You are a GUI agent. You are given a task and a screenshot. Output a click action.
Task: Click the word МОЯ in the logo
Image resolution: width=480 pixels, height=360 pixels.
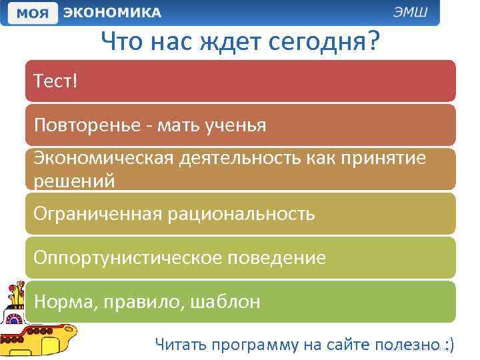(x=31, y=13)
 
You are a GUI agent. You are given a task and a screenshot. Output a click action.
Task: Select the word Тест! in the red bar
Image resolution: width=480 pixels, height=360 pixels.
(x=55, y=82)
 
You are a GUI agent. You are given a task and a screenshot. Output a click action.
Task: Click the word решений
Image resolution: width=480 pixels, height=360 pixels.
(x=74, y=181)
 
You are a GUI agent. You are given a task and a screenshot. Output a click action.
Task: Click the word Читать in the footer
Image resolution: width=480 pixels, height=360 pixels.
(x=179, y=345)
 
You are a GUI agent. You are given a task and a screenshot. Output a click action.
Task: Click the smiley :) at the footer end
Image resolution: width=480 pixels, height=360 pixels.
(x=449, y=345)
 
